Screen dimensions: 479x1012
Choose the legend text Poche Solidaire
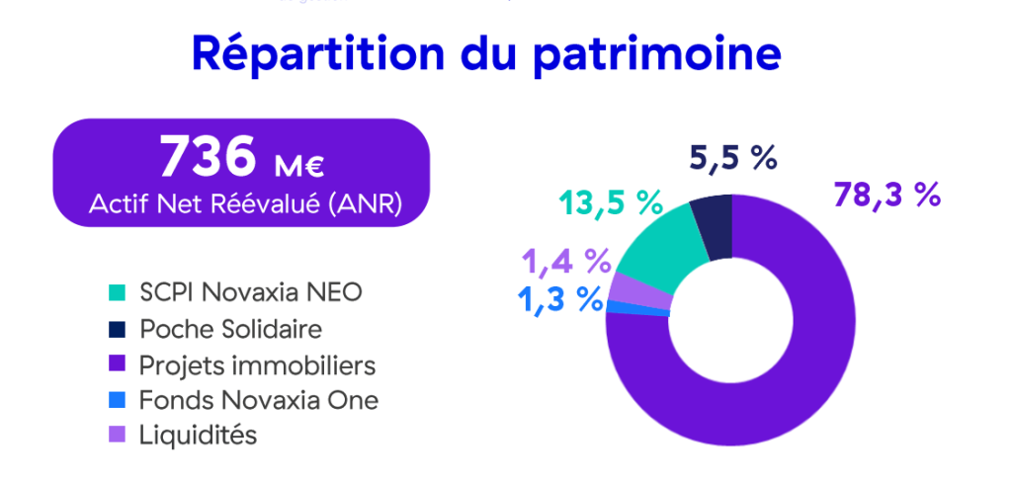(230, 328)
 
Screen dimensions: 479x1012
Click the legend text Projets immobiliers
(258, 364)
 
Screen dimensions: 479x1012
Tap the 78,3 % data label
(885, 195)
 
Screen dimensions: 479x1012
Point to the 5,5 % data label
(733, 157)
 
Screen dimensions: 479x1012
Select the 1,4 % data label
(564, 262)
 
